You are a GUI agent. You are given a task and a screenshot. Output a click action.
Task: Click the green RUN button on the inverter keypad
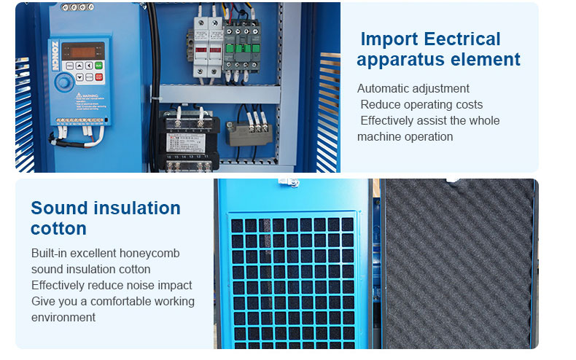pyautogui.click(x=98, y=66)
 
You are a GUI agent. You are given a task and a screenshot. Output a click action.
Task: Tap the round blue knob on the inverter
pyautogui.click(x=64, y=82)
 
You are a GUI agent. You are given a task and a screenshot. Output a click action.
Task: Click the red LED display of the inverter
pyautogui.click(x=83, y=52)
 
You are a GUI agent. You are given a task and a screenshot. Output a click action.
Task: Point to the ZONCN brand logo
pyautogui.click(x=55, y=56)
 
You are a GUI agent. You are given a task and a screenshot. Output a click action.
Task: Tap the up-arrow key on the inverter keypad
pyautogui.click(x=79, y=66)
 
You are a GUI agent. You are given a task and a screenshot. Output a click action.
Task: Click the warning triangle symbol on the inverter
pyautogui.click(x=79, y=96)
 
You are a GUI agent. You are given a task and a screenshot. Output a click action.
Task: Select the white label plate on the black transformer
pyautogui.click(x=186, y=143)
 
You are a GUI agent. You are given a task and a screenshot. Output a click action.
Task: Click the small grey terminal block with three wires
pyautogui.click(x=249, y=133)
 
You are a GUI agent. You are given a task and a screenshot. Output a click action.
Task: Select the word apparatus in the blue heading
pyautogui.click(x=401, y=60)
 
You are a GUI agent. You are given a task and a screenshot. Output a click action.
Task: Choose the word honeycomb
pyautogui.click(x=149, y=254)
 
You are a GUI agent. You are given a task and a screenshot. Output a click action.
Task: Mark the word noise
pyautogui.click(x=137, y=285)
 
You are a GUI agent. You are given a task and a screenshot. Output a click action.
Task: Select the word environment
pyautogui.click(x=63, y=318)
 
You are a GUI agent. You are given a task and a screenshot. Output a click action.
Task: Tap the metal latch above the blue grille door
pyautogui.click(x=289, y=182)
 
